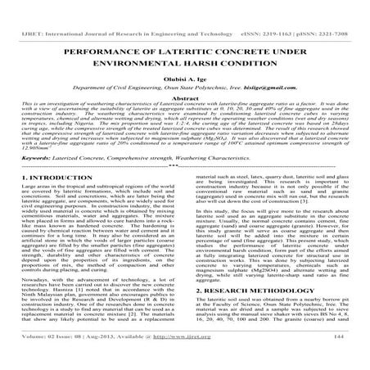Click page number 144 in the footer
(x=355, y=357)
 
